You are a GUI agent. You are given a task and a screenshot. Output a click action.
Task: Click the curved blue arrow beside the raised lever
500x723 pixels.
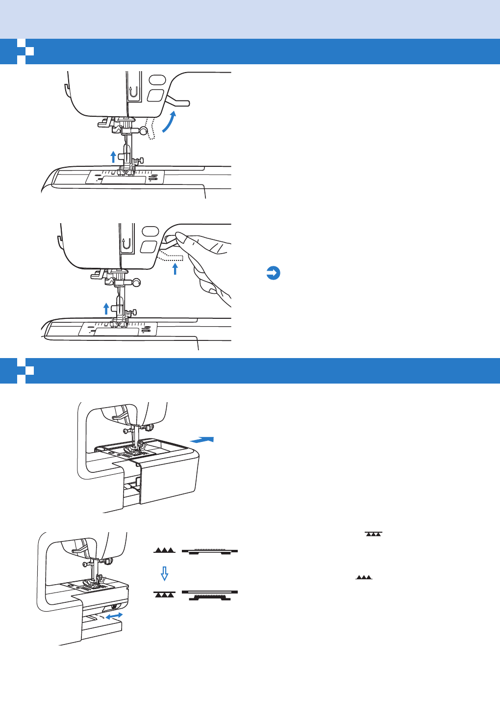169,122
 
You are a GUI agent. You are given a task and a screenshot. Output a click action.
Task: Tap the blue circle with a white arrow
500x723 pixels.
273,273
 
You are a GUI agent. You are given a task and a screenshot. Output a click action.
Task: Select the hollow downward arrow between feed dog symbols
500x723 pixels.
165,573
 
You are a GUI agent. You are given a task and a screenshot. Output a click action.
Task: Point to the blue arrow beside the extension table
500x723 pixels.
202,439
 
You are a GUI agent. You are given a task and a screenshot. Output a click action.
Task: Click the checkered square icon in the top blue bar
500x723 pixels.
25,52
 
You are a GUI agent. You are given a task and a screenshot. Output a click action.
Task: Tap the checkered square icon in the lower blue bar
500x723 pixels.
25,371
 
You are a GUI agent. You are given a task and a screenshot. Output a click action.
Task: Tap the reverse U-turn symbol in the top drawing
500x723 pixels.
132,91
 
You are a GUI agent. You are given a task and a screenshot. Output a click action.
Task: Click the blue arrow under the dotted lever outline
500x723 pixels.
175,269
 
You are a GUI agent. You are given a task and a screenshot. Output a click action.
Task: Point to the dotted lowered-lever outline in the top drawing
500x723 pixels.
150,129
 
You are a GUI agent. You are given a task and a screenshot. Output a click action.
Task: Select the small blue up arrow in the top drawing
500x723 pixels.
113,156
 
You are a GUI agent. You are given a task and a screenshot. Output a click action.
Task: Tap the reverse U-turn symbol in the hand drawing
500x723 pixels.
126,243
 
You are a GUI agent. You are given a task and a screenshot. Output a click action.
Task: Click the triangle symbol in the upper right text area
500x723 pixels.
373,534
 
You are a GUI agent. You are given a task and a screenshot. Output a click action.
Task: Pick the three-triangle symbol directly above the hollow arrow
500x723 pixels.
164,550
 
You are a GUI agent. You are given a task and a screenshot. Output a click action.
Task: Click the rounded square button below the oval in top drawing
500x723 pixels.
155,95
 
